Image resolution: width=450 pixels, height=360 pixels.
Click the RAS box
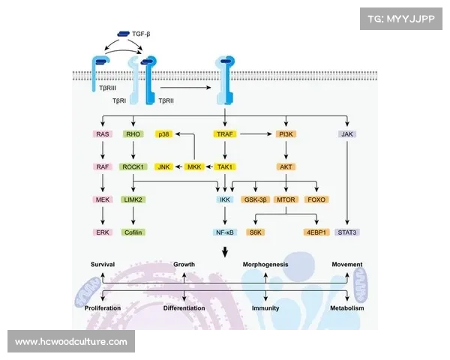(x=103, y=134)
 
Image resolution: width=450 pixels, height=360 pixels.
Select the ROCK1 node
(x=133, y=167)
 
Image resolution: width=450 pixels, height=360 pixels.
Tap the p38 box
(x=163, y=134)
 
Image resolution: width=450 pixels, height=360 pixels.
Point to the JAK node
(x=347, y=134)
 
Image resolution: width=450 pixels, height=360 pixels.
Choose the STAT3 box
(x=347, y=233)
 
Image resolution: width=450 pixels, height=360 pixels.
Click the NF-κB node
(x=225, y=233)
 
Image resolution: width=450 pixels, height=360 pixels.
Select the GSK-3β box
(x=256, y=200)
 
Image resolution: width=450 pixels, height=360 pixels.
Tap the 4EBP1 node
(x=317, y=233)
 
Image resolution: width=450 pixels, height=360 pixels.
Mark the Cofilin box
(x=133, y=233)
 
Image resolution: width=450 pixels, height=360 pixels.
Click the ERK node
(x=103, y=233)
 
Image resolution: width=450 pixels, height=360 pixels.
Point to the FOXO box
(x=317, y=200)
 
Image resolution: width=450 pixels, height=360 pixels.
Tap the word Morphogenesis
(x=265, y=265)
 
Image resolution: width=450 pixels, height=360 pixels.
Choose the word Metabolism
(x=347, y=308)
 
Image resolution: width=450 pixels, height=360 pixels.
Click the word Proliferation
(x=103, y=308)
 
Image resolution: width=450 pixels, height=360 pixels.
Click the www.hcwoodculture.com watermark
(x=71, y=342)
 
